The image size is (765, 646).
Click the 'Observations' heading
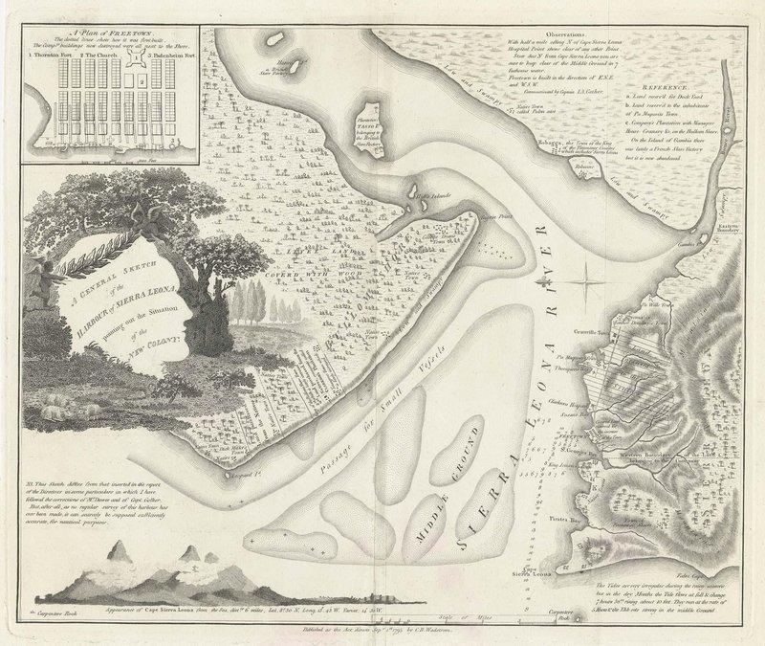[x=557, y=32]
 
